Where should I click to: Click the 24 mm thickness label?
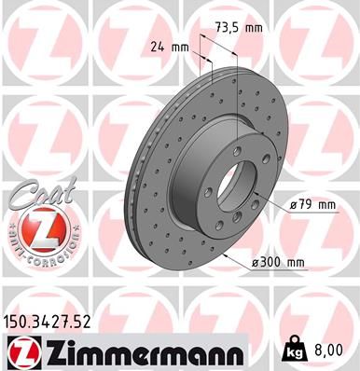[165, 44]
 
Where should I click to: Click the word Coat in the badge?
[35, 193]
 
